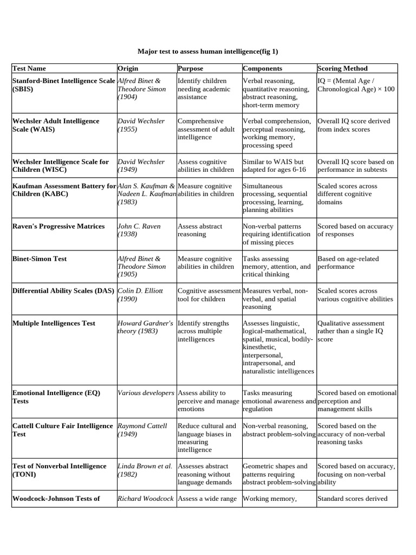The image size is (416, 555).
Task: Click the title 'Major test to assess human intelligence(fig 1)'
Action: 207,51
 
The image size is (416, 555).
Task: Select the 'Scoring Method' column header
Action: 342,68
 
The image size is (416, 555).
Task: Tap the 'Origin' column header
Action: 128,68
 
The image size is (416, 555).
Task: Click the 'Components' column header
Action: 262,68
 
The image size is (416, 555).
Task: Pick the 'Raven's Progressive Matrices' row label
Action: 58,227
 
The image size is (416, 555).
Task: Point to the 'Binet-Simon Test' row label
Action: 40,259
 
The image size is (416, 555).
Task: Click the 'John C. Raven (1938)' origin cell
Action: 139,230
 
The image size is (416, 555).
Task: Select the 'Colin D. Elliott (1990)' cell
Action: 140,295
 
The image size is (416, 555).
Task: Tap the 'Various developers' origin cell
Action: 146,393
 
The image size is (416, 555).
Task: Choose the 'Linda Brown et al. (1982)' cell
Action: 145,470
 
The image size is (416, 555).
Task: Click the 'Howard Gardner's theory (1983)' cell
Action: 145,327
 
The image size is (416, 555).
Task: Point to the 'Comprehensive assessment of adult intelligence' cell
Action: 206,130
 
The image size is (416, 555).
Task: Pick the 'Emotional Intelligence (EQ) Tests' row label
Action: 56,397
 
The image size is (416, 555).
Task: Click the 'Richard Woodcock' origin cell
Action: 145,499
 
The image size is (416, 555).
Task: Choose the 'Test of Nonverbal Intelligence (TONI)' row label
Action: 59,470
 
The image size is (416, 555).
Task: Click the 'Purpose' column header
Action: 190,68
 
